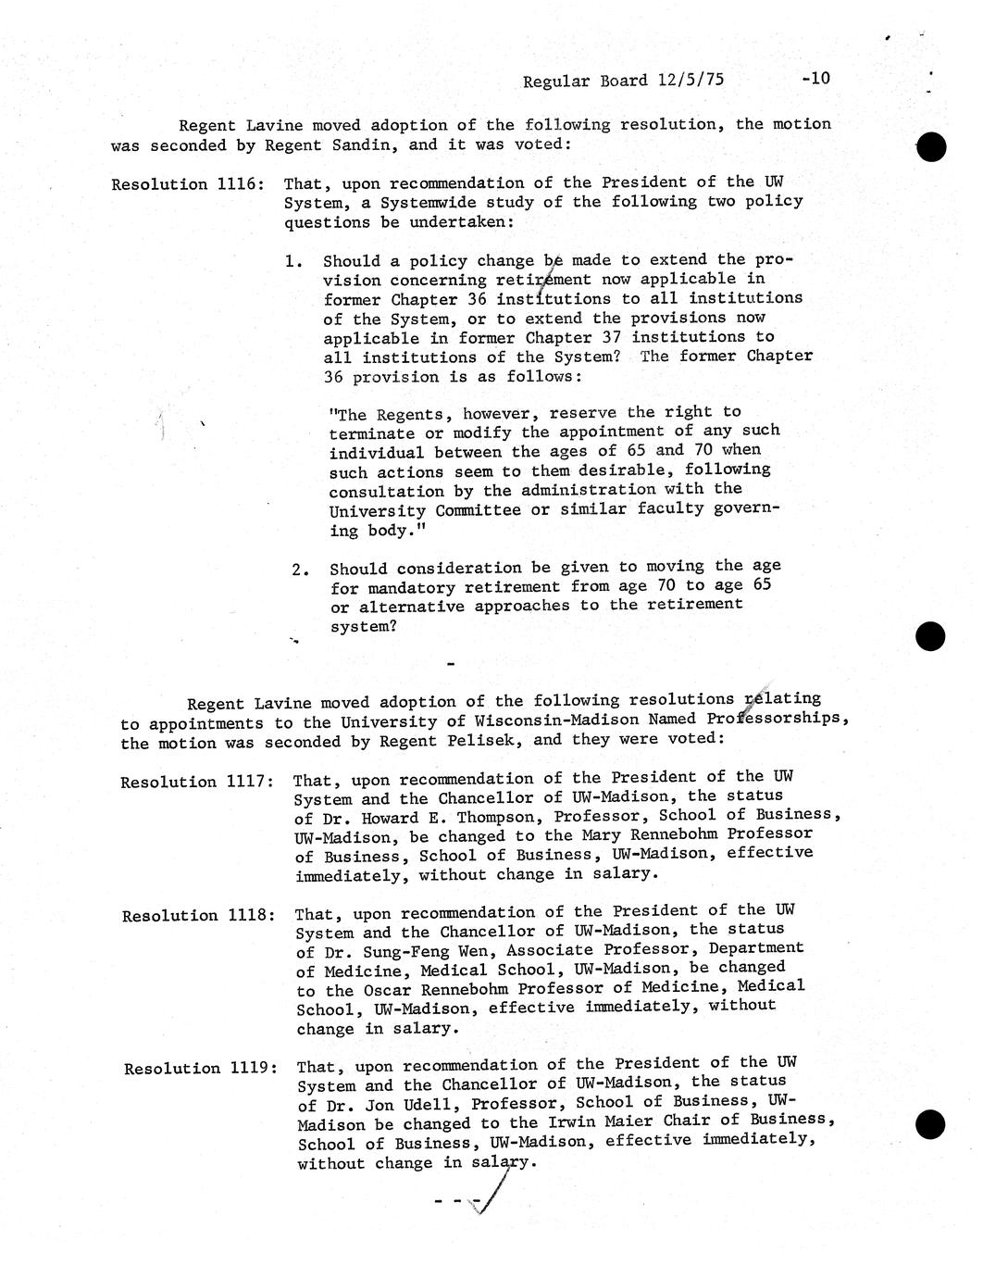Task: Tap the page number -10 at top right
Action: pos(815,78)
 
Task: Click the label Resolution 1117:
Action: pos(196,782)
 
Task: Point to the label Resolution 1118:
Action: pos(198,916)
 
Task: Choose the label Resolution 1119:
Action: pos(200,1068)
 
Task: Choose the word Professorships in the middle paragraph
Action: pos(776,720)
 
